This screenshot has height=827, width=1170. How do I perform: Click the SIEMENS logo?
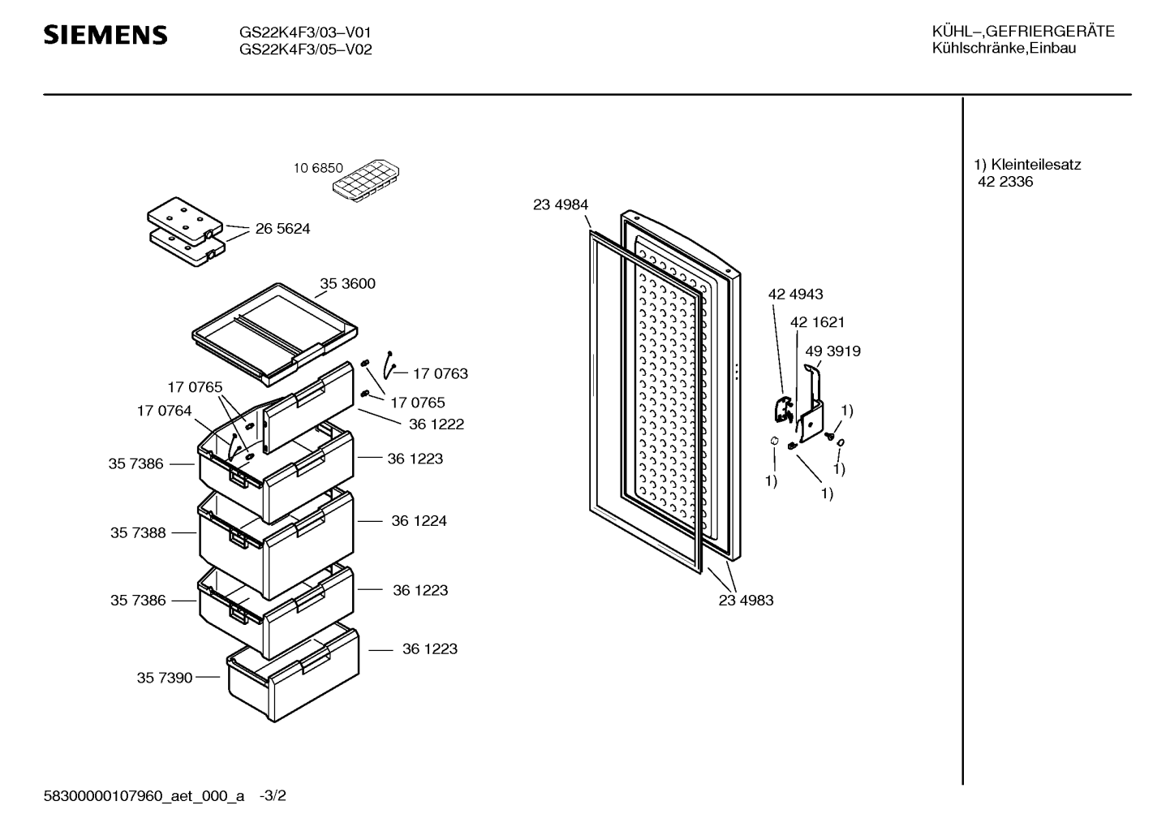point(105,35)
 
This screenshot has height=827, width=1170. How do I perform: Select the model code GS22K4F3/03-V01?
point(305,32)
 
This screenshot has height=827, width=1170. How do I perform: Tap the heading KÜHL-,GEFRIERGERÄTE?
point(1023,32)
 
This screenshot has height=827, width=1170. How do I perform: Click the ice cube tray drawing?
point(366,180)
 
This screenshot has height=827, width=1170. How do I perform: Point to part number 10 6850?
point(318,168)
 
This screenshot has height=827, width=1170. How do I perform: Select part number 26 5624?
point(282,228)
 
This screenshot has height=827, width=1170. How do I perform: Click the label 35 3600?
point(347,283)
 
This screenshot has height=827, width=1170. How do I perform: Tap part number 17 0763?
point(441,373)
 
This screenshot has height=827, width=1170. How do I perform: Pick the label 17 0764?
point(164,411)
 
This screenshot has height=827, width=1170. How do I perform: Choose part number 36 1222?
point(437,424)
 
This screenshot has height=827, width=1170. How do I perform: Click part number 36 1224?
point(419,520)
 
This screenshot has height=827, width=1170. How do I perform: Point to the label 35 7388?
point(138,532)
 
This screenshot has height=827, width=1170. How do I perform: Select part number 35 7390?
point(165,678)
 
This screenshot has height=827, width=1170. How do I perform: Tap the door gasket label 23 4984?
point(561,205)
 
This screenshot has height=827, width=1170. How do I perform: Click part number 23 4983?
point(746,601)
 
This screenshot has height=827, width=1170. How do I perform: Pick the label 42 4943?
point(795,294)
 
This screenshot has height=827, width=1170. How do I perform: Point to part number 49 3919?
point(832,351)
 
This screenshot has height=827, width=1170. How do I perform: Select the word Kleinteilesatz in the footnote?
point(1036,165)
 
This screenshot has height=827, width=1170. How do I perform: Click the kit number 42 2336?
point(1005,181)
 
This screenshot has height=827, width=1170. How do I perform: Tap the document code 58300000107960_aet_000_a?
point(144,796)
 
